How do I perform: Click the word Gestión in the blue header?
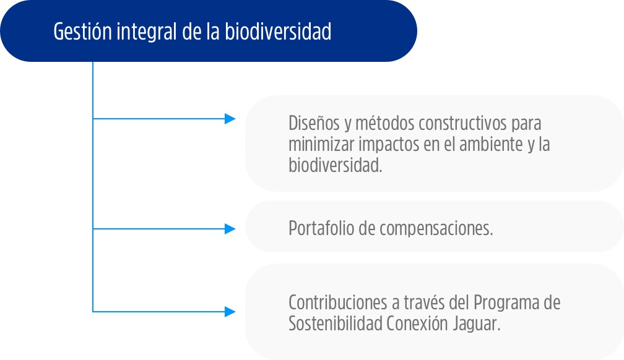[83, 32]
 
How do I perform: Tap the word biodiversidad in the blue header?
[278, 31]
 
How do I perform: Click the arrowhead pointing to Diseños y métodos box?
[230, 119]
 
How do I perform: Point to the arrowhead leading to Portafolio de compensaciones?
[230, 229]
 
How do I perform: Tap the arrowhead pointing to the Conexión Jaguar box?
[230, 312]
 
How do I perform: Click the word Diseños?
[314, 123]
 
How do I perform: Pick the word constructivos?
[462, 123]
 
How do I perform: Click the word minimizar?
[321, 144]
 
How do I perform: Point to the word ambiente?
[491, 144]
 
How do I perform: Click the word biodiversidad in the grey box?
[335, 165]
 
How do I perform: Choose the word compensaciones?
[436, 229]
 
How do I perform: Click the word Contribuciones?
[338, 302]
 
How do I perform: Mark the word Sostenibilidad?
[336, 324]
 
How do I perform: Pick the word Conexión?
[417, 324]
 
